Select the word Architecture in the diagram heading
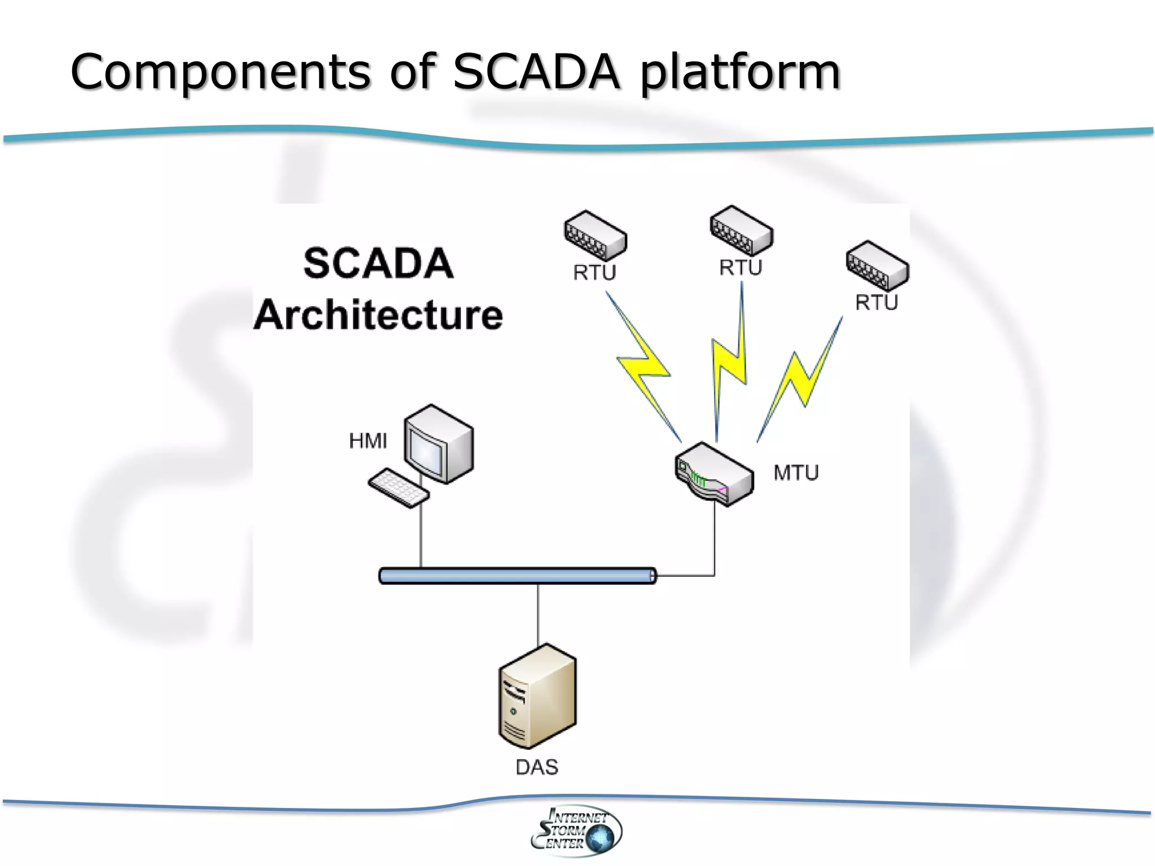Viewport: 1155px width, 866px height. (378, 315)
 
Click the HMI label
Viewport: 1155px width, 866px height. (368, 441)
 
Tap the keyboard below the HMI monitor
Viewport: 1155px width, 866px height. (398, 488)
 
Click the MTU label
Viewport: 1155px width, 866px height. (796, 472)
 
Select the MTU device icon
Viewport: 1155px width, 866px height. (714, 474)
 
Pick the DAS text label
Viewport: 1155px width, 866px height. (537, 767)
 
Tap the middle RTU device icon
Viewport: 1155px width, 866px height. (741, 230)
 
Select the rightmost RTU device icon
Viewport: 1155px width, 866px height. (877, 266)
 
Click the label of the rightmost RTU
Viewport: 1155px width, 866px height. (876, 303)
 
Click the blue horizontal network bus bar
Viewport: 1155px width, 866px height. (517, 576)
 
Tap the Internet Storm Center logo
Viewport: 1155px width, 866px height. (576, 830)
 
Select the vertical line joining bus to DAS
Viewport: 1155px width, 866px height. (538, 615)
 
